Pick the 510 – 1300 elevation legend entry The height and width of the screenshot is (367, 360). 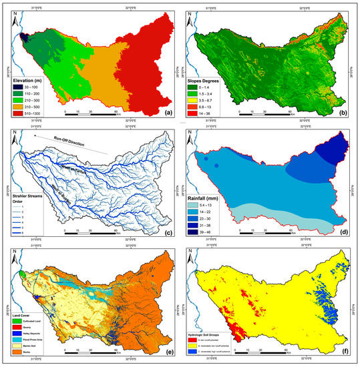point(27,113)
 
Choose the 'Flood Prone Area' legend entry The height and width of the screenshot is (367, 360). point(31,344)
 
